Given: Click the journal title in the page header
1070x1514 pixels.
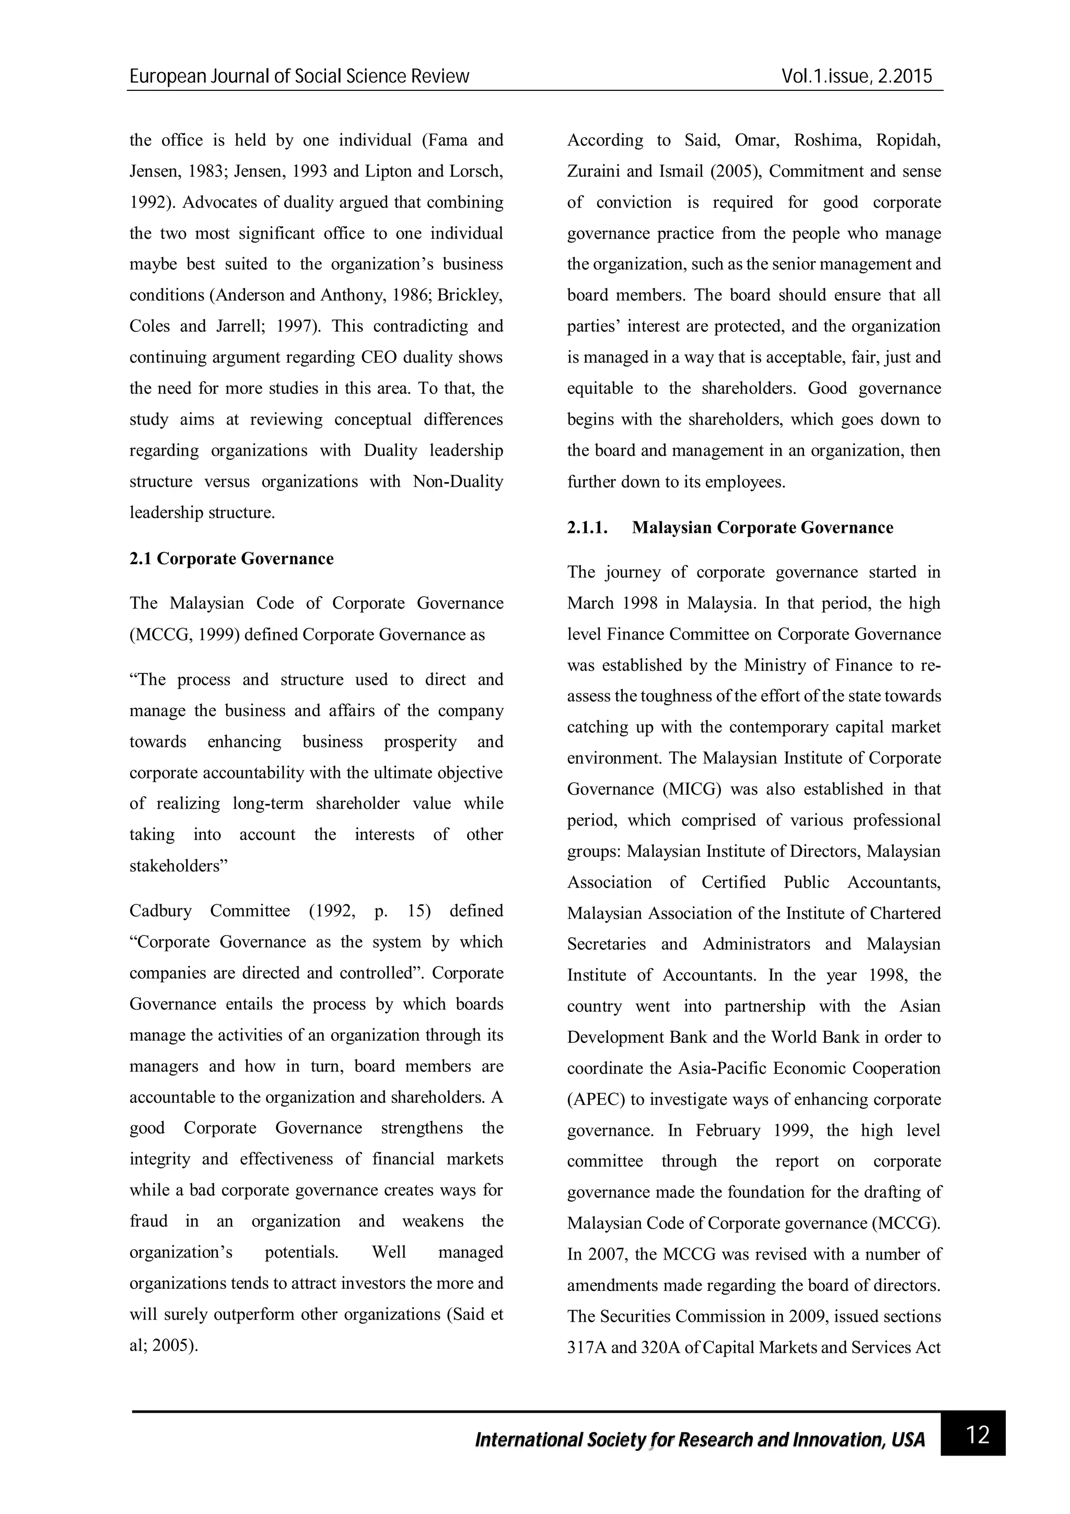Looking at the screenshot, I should coord(299,76).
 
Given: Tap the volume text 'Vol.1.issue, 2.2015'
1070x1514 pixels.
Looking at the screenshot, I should coord(857,76).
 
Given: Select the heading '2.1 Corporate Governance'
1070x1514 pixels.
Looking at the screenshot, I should coord(231,558).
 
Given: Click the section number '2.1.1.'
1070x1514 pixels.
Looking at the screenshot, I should coord(587,528).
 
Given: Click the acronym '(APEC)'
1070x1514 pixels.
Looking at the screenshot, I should coord(595,1099).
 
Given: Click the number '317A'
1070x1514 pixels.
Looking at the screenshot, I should coord(587,1347).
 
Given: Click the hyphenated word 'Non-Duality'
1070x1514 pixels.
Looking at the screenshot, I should coord(458,481).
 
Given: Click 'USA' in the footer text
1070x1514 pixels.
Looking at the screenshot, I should coord(908,1439).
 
